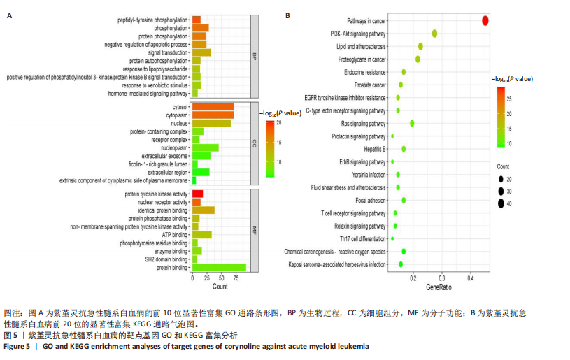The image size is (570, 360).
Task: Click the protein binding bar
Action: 219,267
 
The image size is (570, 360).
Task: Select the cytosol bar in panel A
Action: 213,106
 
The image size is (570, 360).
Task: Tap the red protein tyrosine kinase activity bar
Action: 197,194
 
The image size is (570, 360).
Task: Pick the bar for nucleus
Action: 211,123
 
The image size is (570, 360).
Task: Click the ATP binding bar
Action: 201,235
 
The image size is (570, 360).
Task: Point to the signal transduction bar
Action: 201,52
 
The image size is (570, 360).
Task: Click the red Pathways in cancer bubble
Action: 485,20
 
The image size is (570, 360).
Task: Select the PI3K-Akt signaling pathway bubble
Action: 434,34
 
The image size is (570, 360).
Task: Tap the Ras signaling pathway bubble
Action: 412,123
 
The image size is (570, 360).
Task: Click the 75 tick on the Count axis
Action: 236,278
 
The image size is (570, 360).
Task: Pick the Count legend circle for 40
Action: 501,203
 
